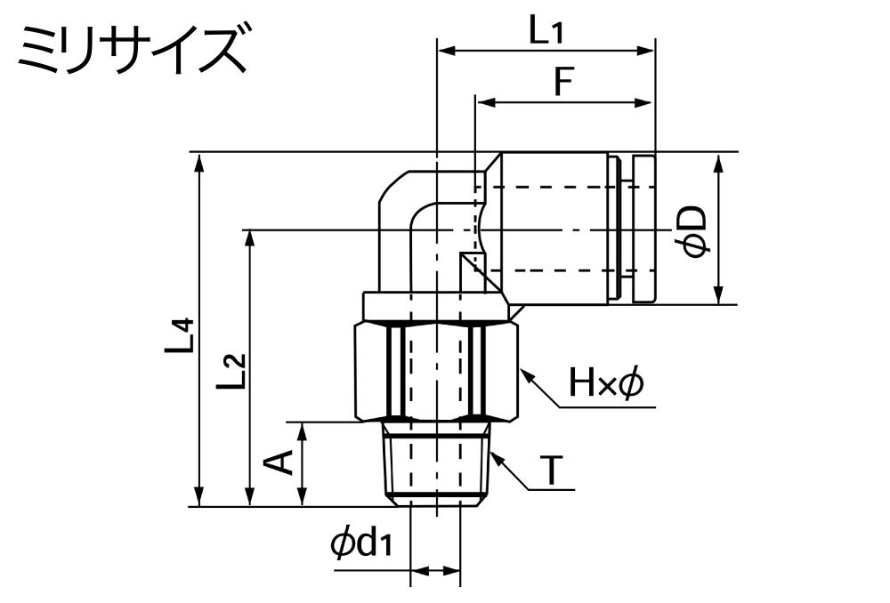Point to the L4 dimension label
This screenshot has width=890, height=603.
(181, 338)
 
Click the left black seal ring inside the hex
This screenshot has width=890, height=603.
(395, 371)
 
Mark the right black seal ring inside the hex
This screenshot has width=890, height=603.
(478, 371)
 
